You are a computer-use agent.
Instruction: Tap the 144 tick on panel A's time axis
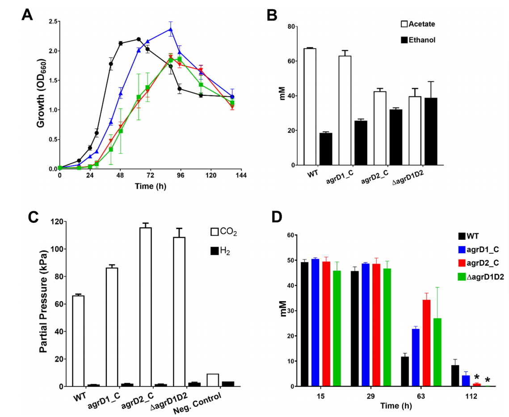coord(241,175)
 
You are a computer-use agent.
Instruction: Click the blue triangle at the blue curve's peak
coord(170,30)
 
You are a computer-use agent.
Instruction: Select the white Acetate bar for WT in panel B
coord(310,107)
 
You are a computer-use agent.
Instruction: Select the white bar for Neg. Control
coord(213,380)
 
